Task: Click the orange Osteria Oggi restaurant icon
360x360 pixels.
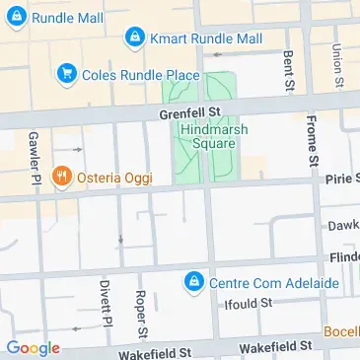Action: click(62, 177)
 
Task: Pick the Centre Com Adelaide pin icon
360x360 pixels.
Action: click(195, 283)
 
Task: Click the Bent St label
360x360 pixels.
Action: click(288, 71)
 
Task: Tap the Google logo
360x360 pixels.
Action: click(33, 348)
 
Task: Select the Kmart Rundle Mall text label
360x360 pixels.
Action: click(206, 38)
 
